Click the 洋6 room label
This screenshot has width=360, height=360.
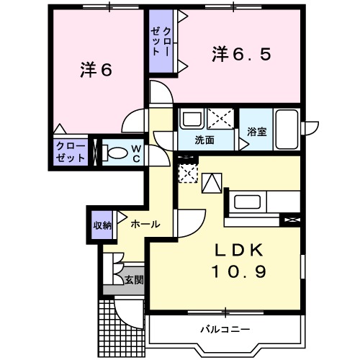tap(96, 71)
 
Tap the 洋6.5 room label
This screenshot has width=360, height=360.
tap(241, 55)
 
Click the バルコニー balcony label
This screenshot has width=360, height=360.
tap(225, 329)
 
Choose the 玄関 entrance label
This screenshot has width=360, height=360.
tap(132, 279)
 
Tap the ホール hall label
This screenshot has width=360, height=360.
tap(145, 225)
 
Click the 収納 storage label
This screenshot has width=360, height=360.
tap(102, 225)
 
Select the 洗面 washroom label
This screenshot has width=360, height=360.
tap(205, 140)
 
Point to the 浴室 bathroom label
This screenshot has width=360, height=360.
tap(256, 132)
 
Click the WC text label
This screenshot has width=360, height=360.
tap(135, 153)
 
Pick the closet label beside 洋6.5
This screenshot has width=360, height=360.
tap(162, 42)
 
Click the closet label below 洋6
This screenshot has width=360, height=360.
tap(71, 153)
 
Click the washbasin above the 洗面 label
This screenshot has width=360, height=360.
tap(192, 118)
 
